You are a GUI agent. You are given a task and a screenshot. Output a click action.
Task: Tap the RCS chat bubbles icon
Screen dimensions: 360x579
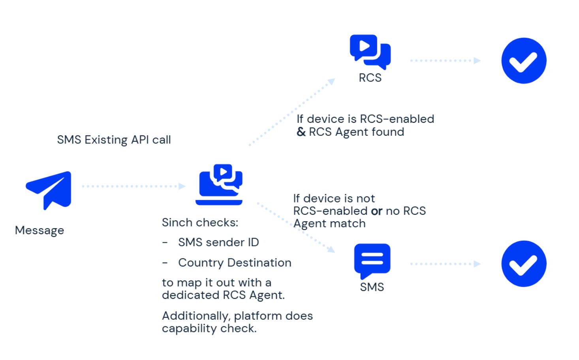[370, 52]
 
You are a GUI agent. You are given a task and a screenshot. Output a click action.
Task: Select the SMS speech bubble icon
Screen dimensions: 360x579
[372, 260]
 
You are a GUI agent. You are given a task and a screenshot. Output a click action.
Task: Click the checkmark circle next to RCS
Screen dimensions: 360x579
[524, 61]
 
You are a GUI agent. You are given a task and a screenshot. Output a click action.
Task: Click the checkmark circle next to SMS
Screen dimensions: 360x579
[524, 264]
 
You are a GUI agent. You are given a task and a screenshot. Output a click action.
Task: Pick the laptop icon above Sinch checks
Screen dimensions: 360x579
[220, 185]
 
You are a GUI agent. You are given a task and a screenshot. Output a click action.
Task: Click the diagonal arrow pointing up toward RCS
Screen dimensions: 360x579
[292, 112]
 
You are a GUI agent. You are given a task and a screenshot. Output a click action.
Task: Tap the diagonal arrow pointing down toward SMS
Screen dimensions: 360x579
[296, 227]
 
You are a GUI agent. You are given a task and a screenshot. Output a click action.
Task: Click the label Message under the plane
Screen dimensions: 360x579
[39, 230]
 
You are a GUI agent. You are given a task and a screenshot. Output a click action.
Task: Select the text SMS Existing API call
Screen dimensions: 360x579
[114, 140]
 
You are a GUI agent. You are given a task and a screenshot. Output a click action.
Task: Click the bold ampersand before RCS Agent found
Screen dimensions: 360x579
[301, 132]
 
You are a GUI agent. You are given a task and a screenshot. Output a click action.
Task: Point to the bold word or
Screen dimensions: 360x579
[376, 211]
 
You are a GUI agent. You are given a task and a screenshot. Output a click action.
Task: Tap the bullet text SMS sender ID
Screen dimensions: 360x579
[218, 242]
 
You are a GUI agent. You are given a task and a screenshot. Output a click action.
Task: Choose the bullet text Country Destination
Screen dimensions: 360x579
[235, 262]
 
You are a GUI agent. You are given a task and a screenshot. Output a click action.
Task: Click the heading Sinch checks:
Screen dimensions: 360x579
[200, 223]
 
